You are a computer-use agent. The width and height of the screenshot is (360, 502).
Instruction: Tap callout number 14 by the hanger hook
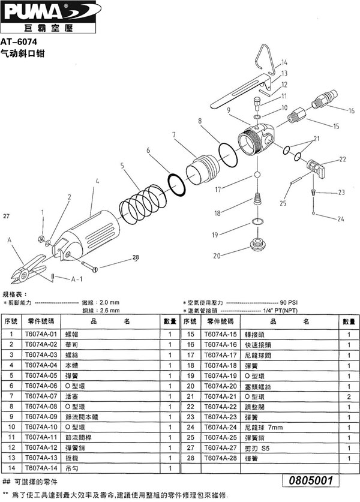click(284, 62)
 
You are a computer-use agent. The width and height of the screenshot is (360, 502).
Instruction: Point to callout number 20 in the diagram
click(215, 255)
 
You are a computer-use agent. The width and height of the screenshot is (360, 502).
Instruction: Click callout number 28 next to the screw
click(135, 257)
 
